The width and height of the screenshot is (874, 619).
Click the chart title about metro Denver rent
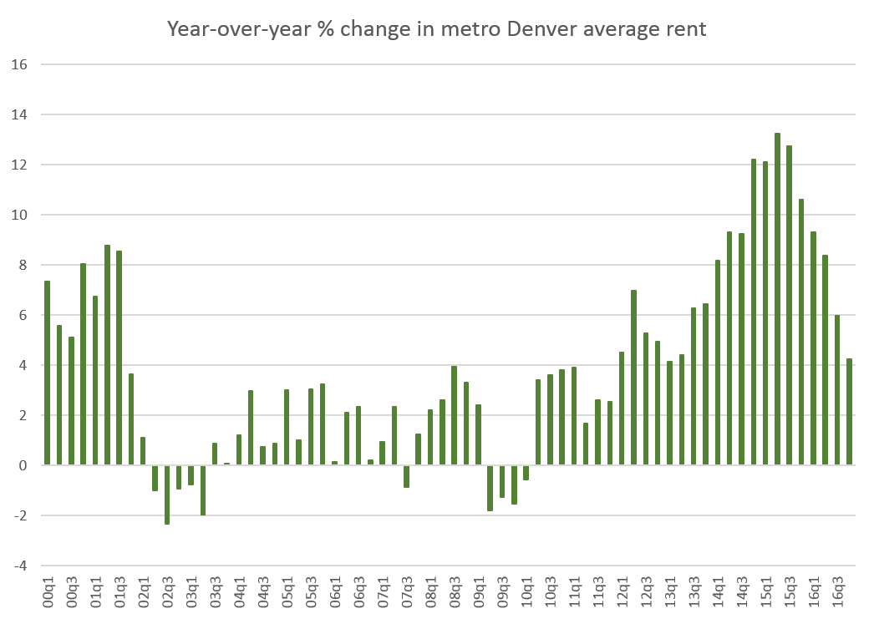pos(436,29)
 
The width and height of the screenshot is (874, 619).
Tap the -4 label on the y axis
pos(20,566)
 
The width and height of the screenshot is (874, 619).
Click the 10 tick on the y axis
pos(20,215)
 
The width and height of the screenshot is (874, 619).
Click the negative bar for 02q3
pos(167,494)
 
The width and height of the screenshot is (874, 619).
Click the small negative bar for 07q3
pos(406,475)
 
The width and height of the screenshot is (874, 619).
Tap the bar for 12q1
pos(622,408)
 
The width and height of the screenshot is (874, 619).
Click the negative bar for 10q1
pos(526,472)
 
